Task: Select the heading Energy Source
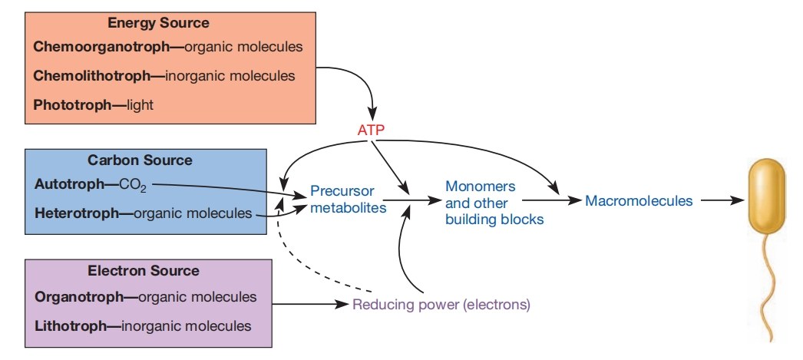(158, 24)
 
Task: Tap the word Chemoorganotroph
(100, 47)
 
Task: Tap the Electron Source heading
(144, 271)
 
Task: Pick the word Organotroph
(78, 297)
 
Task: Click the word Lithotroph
(70, 325)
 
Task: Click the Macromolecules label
(639, 201)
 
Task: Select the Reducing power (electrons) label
(441, 304)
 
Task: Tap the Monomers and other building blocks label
(494, 203)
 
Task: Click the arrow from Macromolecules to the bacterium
(721, 201)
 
